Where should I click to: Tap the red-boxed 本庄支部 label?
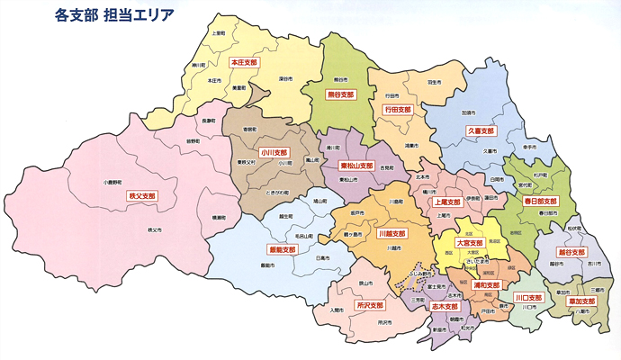(243, 63)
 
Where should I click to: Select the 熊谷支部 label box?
(340, 94)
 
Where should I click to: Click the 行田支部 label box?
(397, 110)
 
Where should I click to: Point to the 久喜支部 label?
(481, 130)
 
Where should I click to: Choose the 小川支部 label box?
(274, 153)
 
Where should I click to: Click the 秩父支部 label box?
(142, 194)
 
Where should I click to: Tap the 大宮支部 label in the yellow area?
(470, 243)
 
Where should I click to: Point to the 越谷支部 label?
(572, 253)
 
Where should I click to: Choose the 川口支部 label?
(528, 297)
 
